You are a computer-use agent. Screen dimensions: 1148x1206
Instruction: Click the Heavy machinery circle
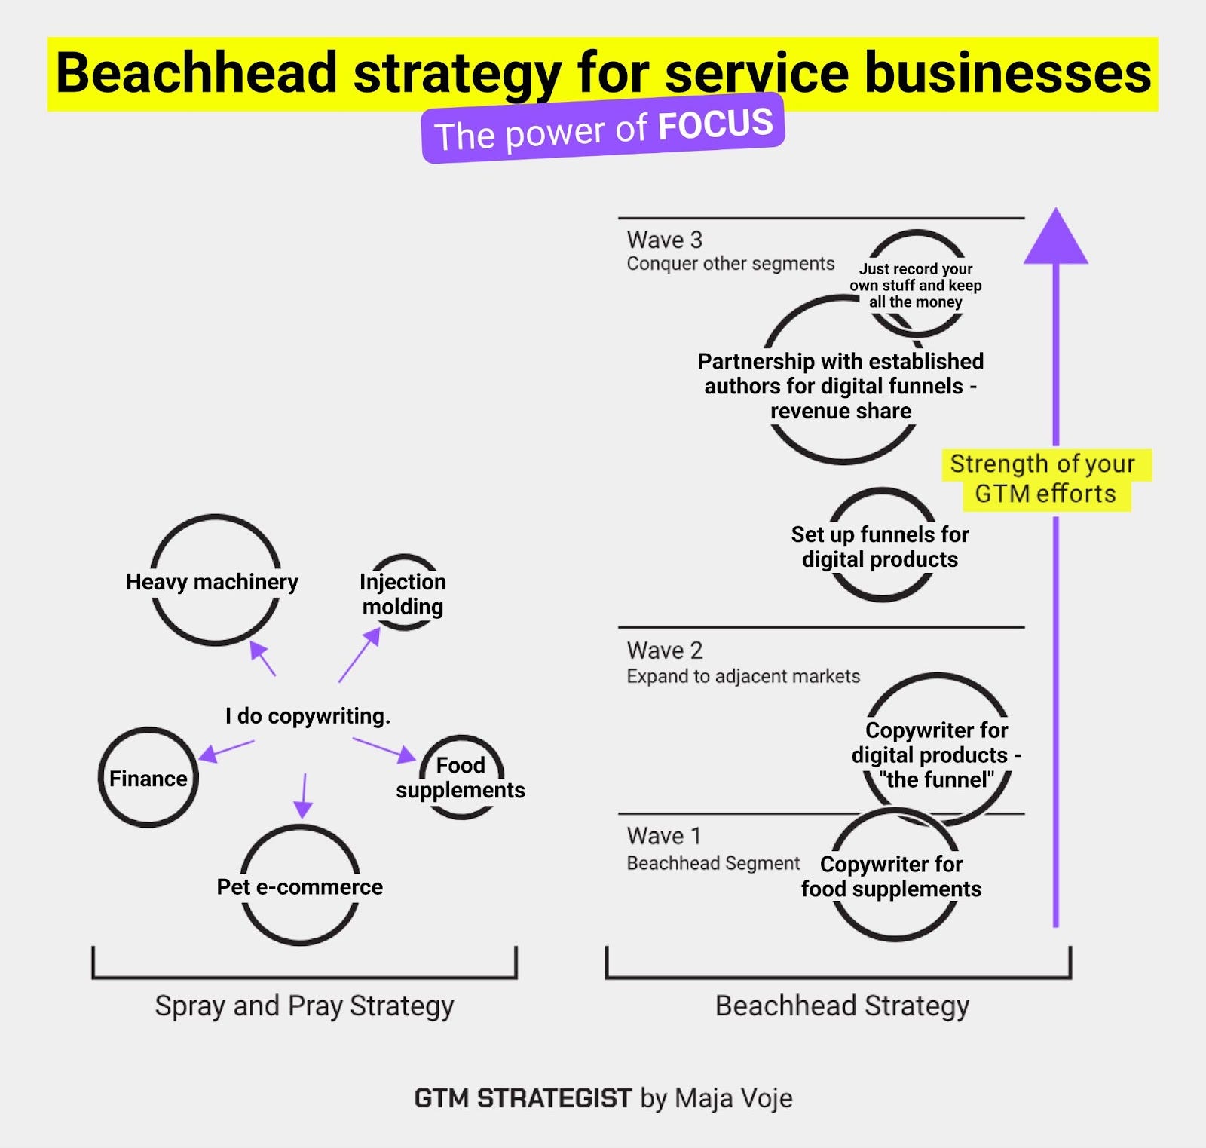click(216, 580)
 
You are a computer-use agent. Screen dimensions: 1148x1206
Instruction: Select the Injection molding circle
click(403, 593)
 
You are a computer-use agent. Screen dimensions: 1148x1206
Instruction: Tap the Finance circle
click(148, 777)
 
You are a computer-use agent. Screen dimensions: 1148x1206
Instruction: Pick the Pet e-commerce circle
click(300, 885)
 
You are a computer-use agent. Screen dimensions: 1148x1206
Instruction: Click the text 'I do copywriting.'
click(308, 715)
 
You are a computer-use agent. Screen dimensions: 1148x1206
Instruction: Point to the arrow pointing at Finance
click(225, 750)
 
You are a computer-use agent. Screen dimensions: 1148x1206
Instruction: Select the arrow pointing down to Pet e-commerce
click(303, 795)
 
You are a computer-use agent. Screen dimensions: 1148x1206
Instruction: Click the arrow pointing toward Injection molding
click(359, 656)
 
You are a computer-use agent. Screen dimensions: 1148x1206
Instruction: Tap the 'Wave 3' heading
click(664, 240)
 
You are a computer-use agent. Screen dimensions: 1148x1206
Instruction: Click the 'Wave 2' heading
click(664, 650)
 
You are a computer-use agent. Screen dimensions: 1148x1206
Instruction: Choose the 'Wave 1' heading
click(664, 835)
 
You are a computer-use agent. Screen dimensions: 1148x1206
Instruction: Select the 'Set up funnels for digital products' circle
click(881, 546)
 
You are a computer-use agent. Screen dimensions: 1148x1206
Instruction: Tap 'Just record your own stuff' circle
click(916, 284)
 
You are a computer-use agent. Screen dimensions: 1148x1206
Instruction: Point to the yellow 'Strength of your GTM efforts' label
click(1045, 478)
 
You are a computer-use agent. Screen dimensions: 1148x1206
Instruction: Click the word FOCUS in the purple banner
click(715, 124)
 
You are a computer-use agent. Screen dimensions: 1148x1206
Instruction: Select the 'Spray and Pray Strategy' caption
click(305, 1006)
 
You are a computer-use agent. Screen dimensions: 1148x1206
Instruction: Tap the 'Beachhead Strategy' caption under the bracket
click(842, 1006)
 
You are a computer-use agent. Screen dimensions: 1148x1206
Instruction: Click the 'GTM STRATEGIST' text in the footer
click(522, 1098)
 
